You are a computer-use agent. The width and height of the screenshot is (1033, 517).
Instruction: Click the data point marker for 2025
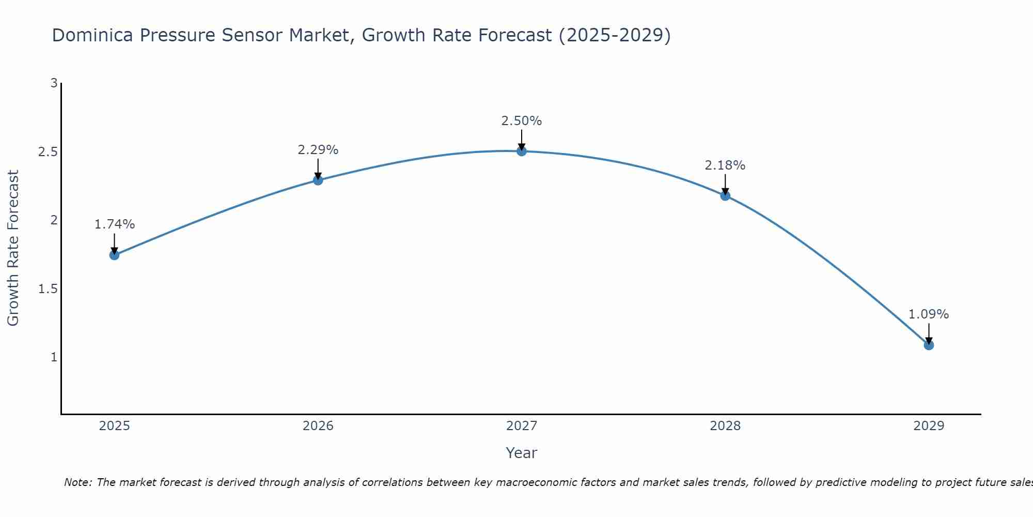click(115, 255)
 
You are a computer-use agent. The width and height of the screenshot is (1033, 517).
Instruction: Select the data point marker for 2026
click(318, 180)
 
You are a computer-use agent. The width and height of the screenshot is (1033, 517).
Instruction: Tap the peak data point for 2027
click(522, 151)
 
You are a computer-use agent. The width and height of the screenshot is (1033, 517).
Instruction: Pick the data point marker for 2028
click(725, 195)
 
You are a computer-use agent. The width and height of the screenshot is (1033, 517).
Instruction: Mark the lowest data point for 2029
click(929, 345)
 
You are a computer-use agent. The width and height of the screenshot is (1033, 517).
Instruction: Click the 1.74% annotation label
click(115, 224)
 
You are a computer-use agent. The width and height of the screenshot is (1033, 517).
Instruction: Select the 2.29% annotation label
click(318, 150)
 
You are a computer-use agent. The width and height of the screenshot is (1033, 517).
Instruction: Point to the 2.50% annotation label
click(522, 121)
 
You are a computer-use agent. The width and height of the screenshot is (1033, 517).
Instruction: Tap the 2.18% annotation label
click(725, 165)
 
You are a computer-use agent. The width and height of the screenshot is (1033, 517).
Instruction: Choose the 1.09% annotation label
click(929, 314)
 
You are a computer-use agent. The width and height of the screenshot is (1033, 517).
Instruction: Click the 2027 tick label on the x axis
click(522, 426)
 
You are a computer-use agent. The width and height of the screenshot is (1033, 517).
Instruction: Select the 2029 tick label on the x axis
click(929, 426)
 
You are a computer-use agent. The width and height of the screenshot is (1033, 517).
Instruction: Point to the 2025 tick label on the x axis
click(115, 426)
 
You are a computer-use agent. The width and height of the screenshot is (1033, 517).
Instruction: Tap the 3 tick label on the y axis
click(54, 83)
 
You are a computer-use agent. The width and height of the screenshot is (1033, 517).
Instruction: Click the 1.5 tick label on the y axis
click(48, 288)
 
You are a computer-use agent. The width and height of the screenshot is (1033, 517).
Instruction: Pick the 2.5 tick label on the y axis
click(48, 152)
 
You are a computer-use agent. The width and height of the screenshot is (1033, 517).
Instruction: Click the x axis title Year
click(522, 453)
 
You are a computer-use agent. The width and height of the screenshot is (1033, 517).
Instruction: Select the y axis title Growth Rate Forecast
click(13, 248)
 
